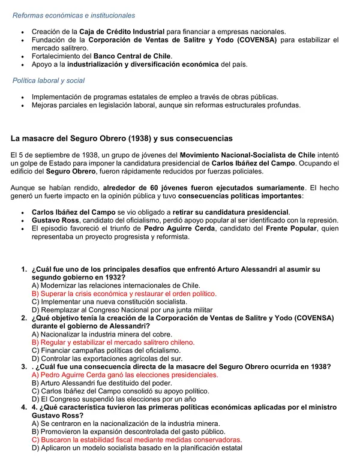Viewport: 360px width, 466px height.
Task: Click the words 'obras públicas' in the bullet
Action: point(256,96)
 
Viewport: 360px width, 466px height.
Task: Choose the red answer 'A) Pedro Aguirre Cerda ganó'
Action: point(125,374)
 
